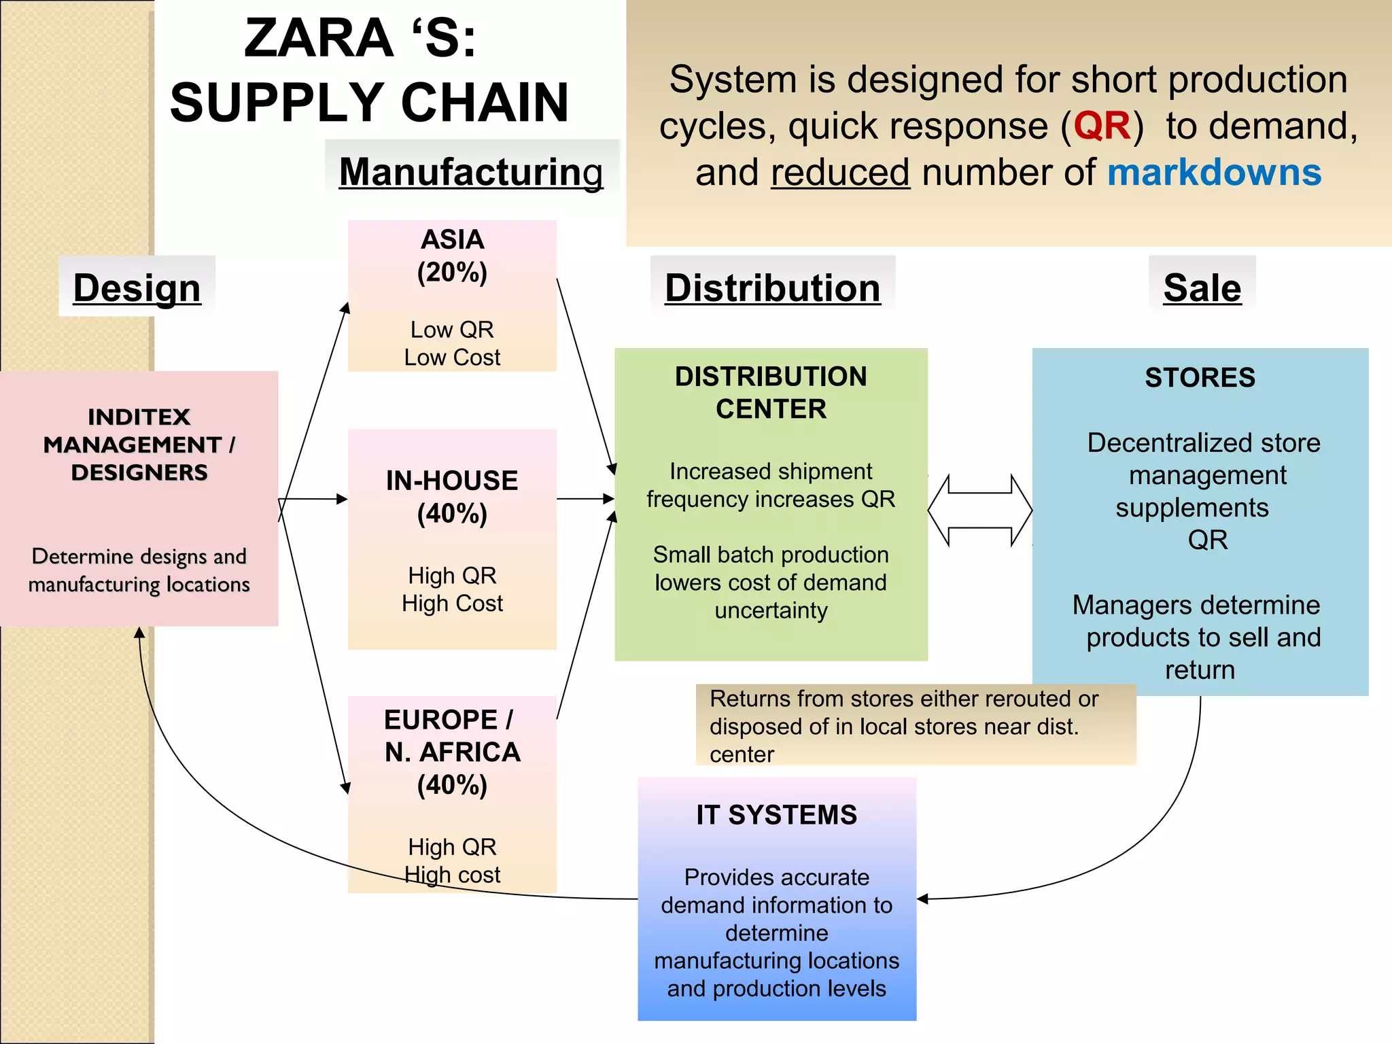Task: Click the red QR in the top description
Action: (x=1102, y=126)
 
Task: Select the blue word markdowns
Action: (x=1214, y=172)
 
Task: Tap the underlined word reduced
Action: (x=839, y=173)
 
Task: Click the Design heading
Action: (x=137, y=288)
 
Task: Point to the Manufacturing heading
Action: (x=470, y=171)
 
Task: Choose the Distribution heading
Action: (x=772, y=288)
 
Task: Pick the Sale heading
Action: (x=1202, y=288)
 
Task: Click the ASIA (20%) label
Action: (x=452, y=256)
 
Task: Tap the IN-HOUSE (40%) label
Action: (x=452, y=497)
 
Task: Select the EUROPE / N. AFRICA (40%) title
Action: (x=452, y=752)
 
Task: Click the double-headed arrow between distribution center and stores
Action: (x=979, y=510)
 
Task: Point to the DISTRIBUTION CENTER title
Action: (x=771, y=392)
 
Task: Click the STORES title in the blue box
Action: (x=1200, y=378)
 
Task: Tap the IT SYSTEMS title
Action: (x=776, y=815)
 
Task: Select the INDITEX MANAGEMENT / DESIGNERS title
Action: (x=139, y=445)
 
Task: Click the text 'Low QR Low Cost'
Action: (x=452, y=343)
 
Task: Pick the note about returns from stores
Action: (x=904, y=726)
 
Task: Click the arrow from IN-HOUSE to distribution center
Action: (x=585, y=499)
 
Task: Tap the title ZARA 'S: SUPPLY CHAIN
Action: (x=369, y=70)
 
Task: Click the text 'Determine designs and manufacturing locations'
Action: (x=139, y=570)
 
